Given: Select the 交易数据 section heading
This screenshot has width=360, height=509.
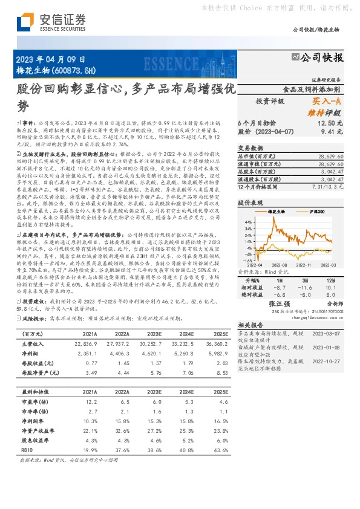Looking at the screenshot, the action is point(250,148).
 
